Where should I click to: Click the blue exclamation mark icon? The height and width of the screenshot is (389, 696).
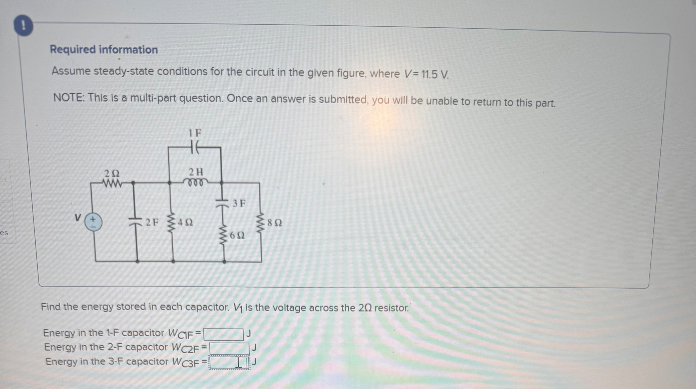point(23,26)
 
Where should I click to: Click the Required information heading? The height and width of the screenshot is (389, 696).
point(104,50)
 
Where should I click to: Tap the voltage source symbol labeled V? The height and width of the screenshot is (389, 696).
point(93,222)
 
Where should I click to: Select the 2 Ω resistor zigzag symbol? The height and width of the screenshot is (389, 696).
point(112,183)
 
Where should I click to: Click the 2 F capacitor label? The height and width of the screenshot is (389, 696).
point(152,222)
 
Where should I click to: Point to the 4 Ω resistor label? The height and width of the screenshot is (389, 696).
point(185,222)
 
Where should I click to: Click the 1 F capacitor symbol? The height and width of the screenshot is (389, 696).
point(195,147)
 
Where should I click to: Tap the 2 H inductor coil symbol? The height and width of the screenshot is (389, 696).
point(196,183)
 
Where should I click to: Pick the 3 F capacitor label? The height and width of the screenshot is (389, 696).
point(239,203)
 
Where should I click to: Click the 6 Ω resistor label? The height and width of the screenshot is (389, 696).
point(237,235)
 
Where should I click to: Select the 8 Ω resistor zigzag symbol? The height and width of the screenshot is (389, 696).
point(261,222)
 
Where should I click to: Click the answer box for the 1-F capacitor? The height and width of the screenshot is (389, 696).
point(223,334)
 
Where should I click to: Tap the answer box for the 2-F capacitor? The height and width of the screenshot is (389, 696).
point(229,348)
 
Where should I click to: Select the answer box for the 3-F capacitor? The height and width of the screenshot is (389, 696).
point(229,363)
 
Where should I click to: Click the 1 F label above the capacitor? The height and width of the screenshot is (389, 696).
point(195,133)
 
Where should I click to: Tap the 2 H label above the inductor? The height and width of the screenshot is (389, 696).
point(196,172)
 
